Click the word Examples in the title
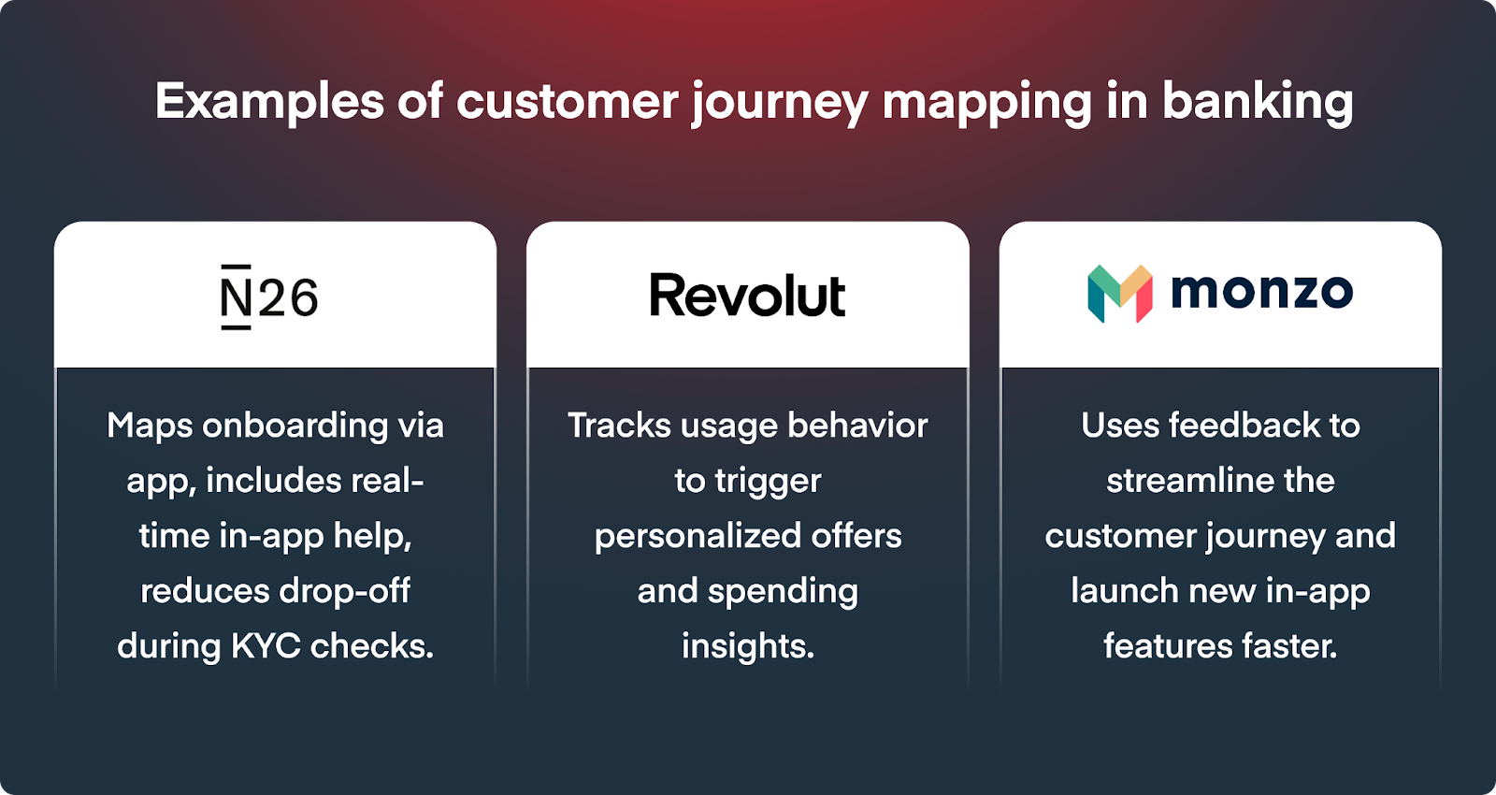(270, 102)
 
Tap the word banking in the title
(1258, 102)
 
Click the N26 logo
(270, 296)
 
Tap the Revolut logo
(747, 295)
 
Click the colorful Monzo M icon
(1120, 294)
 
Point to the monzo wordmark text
(1262, 293)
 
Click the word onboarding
(295, 426)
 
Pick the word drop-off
(344, 590)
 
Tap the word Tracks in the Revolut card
(618, 426)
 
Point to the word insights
(748, 646)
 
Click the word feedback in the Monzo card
(1244, 426)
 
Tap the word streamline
(1179, 481)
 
